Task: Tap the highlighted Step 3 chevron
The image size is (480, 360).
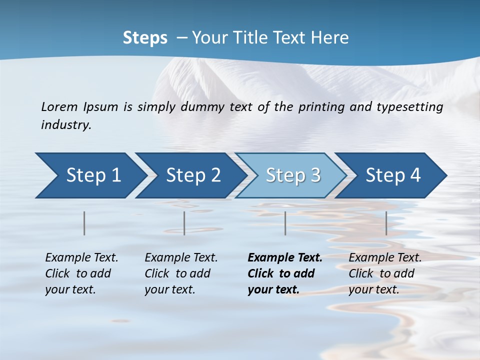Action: point(293,175)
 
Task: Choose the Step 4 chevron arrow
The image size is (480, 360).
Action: point(393,175)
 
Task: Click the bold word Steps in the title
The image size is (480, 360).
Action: point(145,38)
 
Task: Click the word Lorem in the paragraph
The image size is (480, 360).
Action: point(59,107)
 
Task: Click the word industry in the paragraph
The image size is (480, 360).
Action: point(65,125)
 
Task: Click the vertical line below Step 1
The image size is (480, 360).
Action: point(84,223)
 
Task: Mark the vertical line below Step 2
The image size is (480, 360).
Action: point(184,223)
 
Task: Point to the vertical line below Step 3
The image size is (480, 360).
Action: point(285,223)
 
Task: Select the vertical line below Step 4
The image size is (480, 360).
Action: point(386,223)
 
